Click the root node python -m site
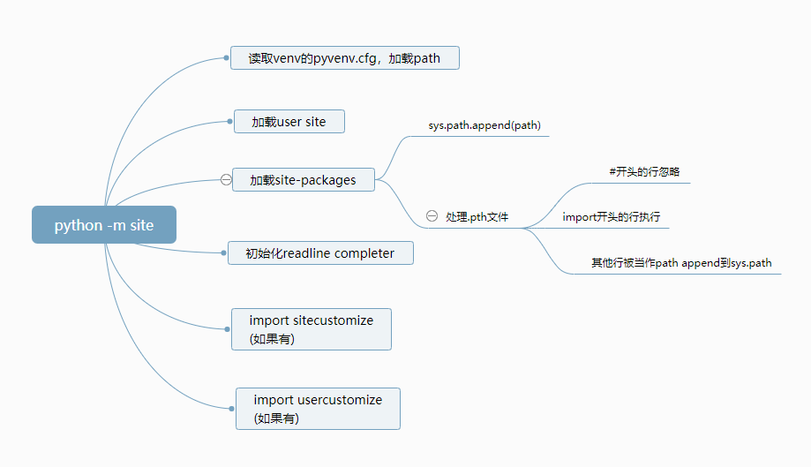click(x=104, y=224)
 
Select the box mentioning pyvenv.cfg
click(x=345, y=58)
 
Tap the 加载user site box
click(x=289, y=122)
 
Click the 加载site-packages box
click(x=304, y=179)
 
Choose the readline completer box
click(x=320, y=252)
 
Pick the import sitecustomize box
click(x=312, y=329)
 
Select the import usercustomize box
click(x=318, y=409)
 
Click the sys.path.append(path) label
click(x=484, y=125)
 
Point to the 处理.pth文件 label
click(x=477, y=216)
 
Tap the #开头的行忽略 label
click(x=644, y=171)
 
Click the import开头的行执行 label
click(x=612, y=216)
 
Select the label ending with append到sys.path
click(x=681, y=263)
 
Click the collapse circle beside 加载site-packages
click(x=226, y=179)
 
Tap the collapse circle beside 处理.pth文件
click(x=432, y=216)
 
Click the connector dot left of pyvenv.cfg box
click(x=226, y=58)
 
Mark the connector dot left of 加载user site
click(x=229, y=122)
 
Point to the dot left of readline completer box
click(x=223, y=252)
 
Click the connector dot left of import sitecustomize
click(x=227, y=329)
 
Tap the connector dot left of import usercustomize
click(x=232, y=409)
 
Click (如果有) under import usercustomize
click(x=276, y=418)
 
